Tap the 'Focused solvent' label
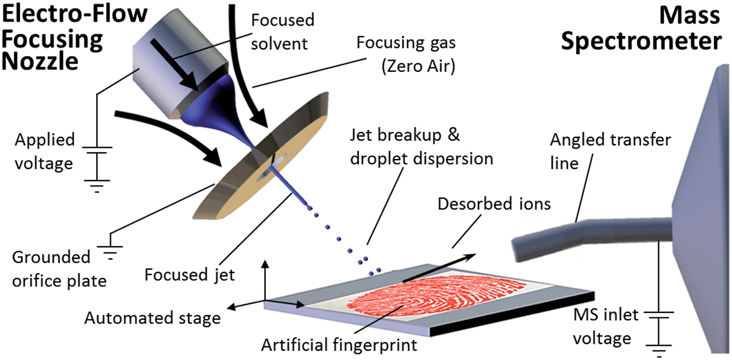(x=282, y=32)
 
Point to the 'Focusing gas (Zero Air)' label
(x=406, y=54)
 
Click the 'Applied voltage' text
(x=44, y=151)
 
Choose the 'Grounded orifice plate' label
(x=59, y=269)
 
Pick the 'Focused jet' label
(x=189, y=275)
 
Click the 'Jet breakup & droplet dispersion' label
(x=421, y=147)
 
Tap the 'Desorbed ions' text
(x=494, y=204)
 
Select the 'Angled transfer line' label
(x=610, y=151)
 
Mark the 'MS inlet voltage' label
(x=605, y=327)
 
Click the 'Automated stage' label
(x=152, y=318)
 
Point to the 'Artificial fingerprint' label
(x=339, y=345)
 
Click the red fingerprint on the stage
(x=435, y=295)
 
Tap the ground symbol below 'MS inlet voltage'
(x=659, y=349)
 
